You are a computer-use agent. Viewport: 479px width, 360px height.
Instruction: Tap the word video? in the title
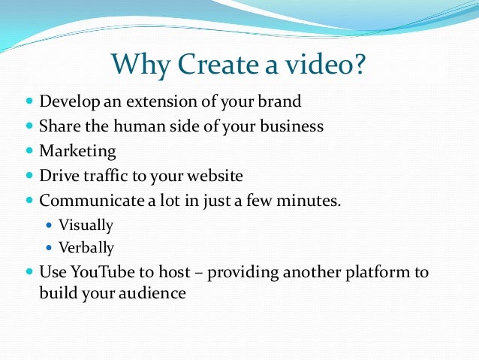click(324, 65)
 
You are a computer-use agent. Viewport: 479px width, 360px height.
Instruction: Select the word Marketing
click(77, 151)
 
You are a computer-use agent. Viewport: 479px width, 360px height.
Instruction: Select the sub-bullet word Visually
click(86, 224)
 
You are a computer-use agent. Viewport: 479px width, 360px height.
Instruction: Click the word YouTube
click(100, 271)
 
